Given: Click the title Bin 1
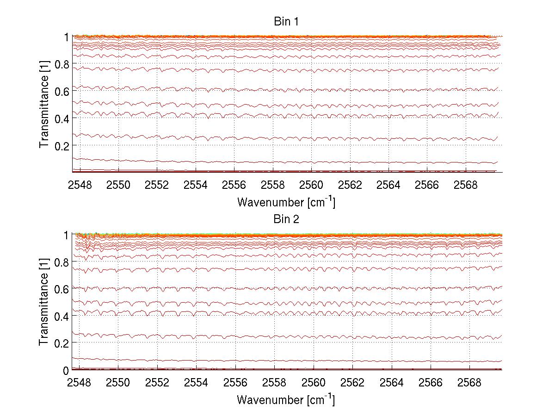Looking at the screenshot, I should point(286,22).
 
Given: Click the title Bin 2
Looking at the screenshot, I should point(286,219).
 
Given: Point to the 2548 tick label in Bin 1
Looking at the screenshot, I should point(80,186).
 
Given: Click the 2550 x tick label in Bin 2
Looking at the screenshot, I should point(119,383).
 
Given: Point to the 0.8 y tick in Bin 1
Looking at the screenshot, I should point(62,64).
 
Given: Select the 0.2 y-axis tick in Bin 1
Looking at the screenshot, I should point(62,145).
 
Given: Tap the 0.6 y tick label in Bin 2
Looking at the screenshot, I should point(62,289).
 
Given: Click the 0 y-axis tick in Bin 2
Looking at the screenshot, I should point(66,370).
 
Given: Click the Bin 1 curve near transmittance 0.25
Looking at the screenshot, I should point(277,138).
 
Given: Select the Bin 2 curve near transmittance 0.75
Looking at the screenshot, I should point(277,269).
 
